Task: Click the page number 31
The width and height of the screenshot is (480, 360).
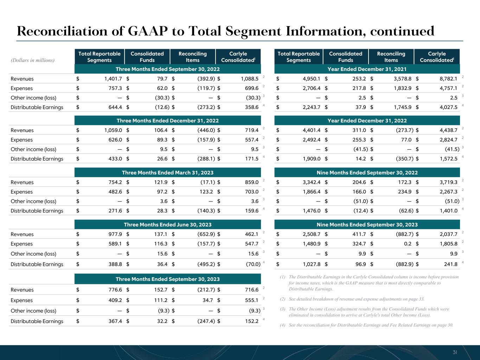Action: coord(455,352)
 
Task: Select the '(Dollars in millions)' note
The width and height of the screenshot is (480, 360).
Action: coord(33,60)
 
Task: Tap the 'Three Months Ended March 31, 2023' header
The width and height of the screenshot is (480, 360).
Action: coord(167,173)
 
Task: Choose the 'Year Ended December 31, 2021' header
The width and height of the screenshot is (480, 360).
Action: coord(367,69)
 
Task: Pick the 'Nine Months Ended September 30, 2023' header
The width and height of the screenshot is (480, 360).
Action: coord(367,225)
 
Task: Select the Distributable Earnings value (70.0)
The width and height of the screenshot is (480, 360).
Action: coord(253,264)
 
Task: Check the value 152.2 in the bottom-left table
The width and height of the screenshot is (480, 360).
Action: coord(251,321)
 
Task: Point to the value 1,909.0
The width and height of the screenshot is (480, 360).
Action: coord(312,159)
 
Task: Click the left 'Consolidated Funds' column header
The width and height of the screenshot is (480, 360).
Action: coord(147,57)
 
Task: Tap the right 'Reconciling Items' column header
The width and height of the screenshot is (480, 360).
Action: coord(391,57)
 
